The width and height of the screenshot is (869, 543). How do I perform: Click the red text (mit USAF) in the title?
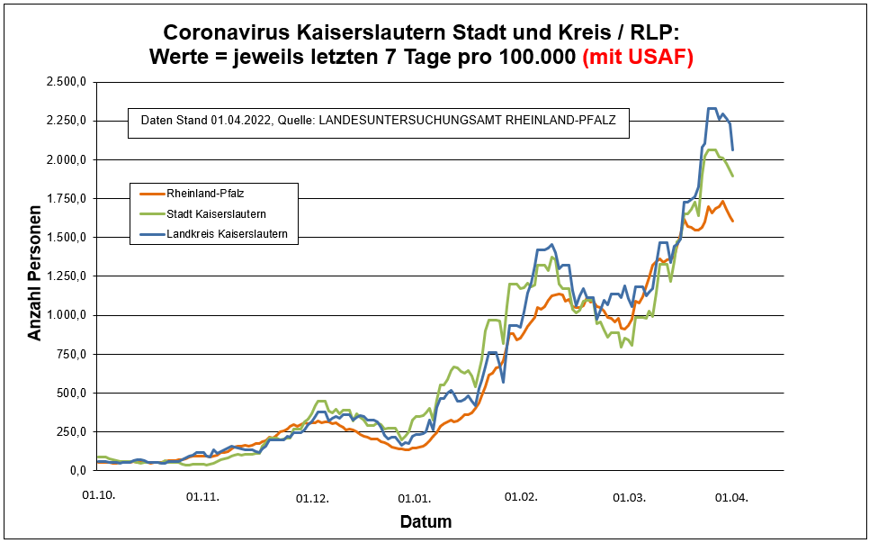pyautogui.click(x=638, y=57)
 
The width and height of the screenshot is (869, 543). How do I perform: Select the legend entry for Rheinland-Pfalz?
pyautogui.click(x=200, y=193)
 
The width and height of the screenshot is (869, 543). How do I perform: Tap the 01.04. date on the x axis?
pyautogui.click(x=731, y=496)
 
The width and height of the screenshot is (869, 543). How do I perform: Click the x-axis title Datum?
pyautogui.click(x=426, y=521)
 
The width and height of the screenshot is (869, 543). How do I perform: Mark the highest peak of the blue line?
pyautogui.click(x=712, y=109)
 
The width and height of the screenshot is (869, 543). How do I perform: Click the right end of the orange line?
pyautogui.click(x=732, y=221)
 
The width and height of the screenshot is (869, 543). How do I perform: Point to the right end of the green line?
pyautogui.click(x=732, y=176)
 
